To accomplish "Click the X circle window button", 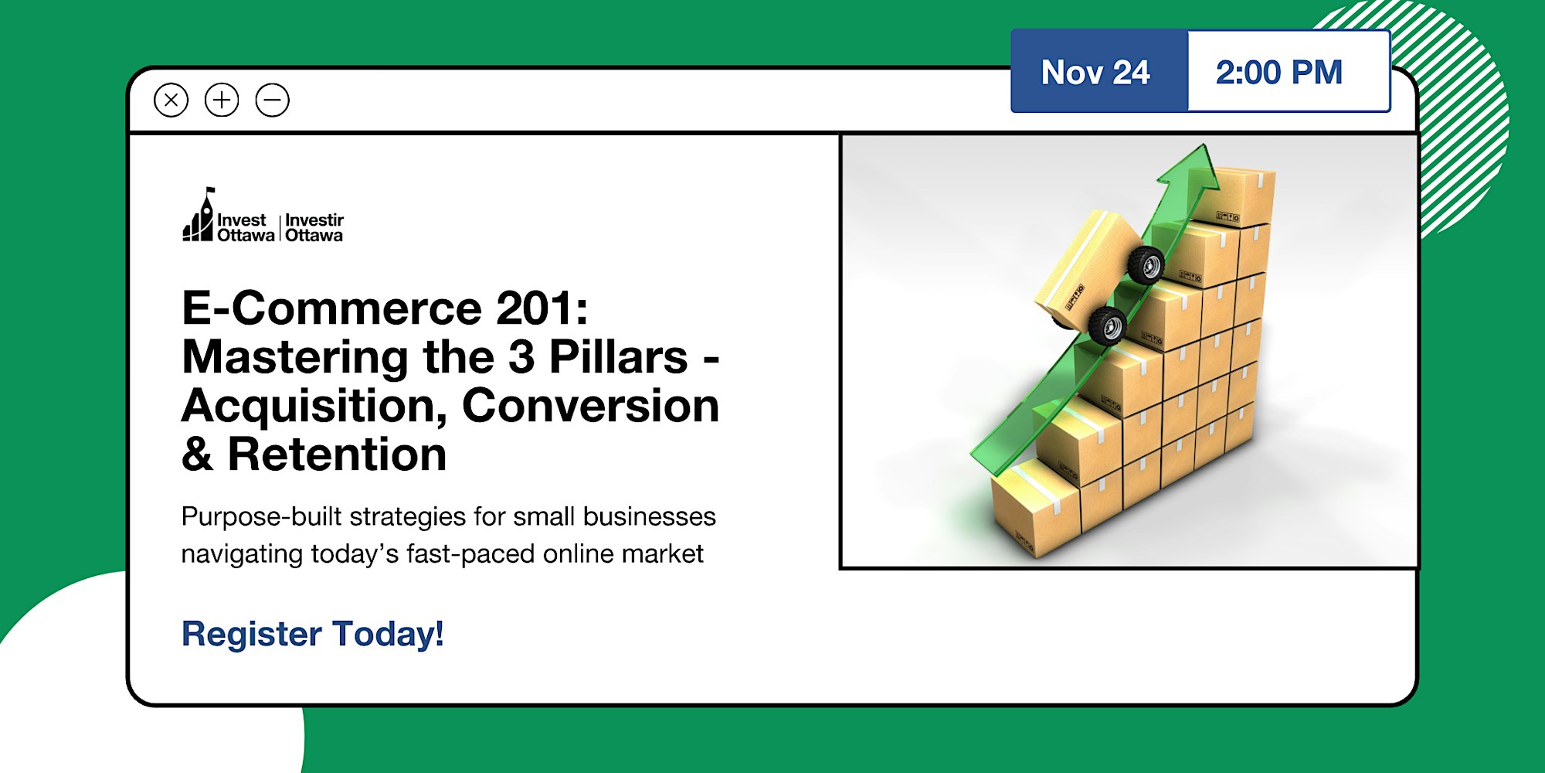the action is tap(171, 100).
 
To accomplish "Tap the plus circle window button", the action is tap(222, 100).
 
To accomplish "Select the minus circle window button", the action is tap(273, 100).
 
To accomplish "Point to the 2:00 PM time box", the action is tap(1289, 72).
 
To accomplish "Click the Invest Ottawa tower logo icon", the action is tap(198, 215).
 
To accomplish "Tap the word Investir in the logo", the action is tap(314, 220).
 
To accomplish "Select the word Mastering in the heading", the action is tap(295, 358).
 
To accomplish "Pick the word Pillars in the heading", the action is tap(618, 356).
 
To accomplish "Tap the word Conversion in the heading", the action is tap(591, 405).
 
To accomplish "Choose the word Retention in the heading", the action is tap(337, 454).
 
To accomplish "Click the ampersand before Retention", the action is tap(197, 454).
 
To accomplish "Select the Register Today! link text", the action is tap(313, 634).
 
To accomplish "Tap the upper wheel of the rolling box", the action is tap(1146, 265).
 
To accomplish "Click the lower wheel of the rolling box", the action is tap(1108, 325).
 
